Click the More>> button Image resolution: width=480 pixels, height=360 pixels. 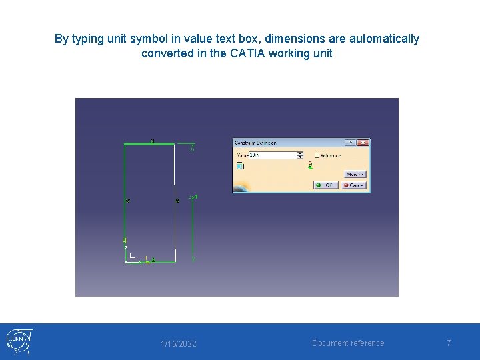355,175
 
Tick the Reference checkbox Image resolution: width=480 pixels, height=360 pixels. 317,155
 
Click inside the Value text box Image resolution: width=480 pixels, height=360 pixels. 273,155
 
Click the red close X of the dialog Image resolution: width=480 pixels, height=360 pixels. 363,143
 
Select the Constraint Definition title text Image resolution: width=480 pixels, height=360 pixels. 256,143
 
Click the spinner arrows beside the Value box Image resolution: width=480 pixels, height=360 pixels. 300,155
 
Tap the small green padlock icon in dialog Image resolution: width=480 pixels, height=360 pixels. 310,163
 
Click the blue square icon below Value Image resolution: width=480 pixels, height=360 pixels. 240,166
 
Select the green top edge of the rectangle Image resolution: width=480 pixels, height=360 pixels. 149,143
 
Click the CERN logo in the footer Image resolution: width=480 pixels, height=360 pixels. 19,342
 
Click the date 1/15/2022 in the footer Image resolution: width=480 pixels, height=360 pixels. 179,344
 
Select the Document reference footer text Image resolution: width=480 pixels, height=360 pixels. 348,343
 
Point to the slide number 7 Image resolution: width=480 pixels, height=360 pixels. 449,343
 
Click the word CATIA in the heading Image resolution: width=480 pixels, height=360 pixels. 247,53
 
